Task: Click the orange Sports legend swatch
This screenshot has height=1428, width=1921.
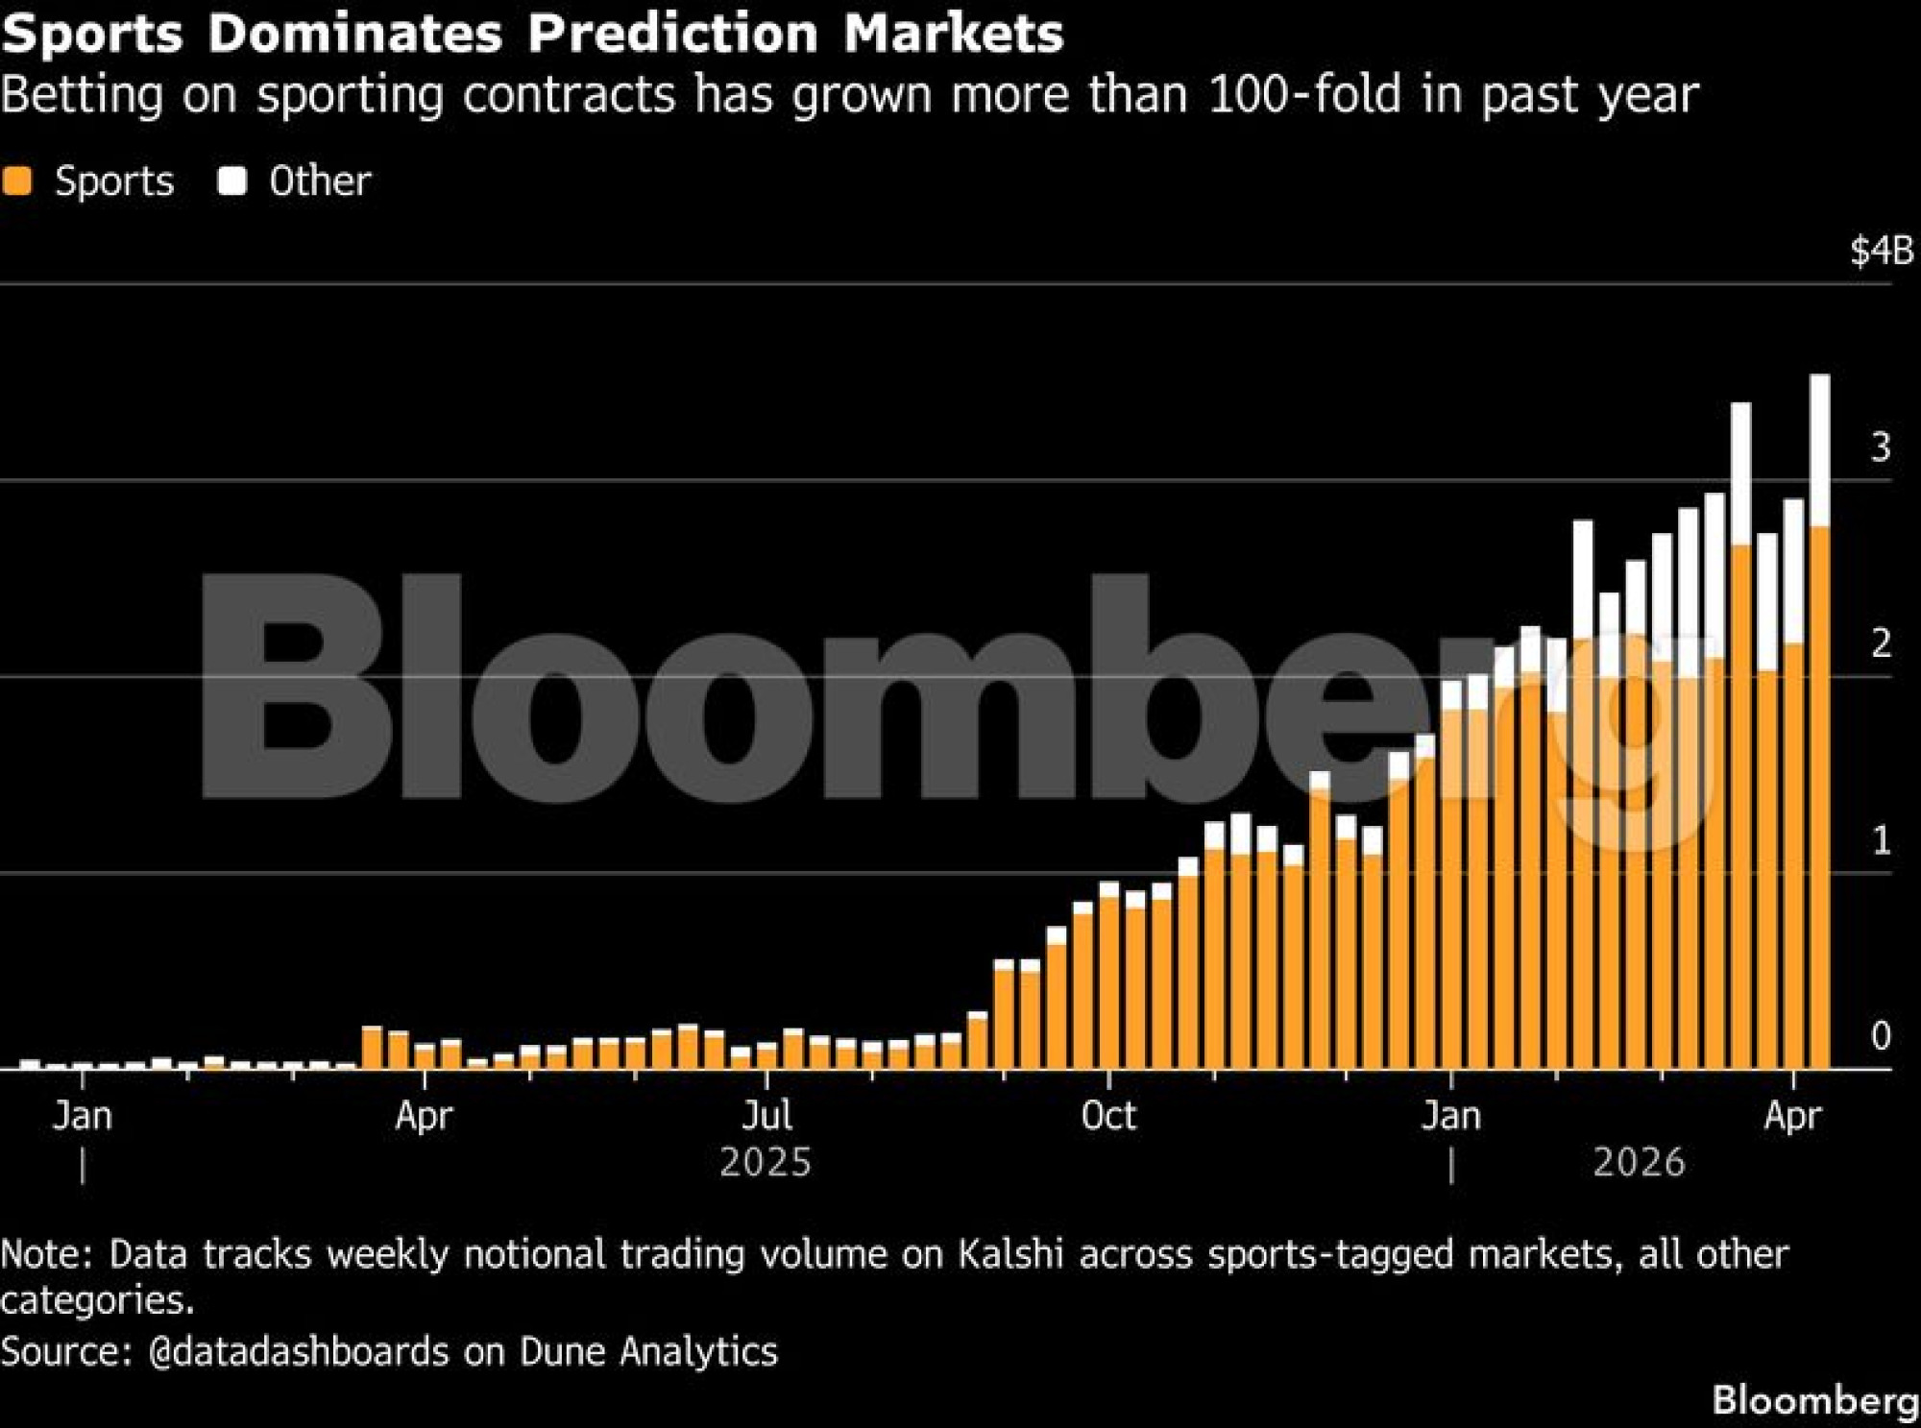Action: click(17, 181)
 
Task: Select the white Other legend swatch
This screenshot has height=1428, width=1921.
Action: click(231, 181)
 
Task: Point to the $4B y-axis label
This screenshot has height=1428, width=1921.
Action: click(1881, 251)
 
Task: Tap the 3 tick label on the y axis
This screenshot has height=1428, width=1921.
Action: click(1881, 448)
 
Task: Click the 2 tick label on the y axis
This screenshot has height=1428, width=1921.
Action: click(1881, 643)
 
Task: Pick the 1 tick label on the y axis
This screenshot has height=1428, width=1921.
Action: click(1881, 841)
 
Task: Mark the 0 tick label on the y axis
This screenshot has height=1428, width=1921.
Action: click(1881, 1036)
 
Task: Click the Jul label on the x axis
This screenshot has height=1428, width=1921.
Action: click(766, 1116)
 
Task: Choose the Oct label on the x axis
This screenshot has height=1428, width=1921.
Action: click(1108, 1116)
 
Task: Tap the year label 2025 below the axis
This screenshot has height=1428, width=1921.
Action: click(766, 1163)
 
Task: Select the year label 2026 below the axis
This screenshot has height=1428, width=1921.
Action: click(1639, 1163)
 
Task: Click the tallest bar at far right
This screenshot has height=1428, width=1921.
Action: click(1819, 720)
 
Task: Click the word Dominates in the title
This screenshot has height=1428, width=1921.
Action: click(355, 33)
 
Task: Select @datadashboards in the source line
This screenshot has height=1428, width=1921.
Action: click(299, 1351)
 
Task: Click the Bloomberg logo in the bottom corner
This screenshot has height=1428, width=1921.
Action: click(1815, 1400)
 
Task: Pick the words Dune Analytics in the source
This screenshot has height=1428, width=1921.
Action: click(648, 1351)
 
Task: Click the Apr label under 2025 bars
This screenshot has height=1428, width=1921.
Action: click(424, 1116)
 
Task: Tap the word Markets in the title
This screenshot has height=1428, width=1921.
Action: click(954, 33)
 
